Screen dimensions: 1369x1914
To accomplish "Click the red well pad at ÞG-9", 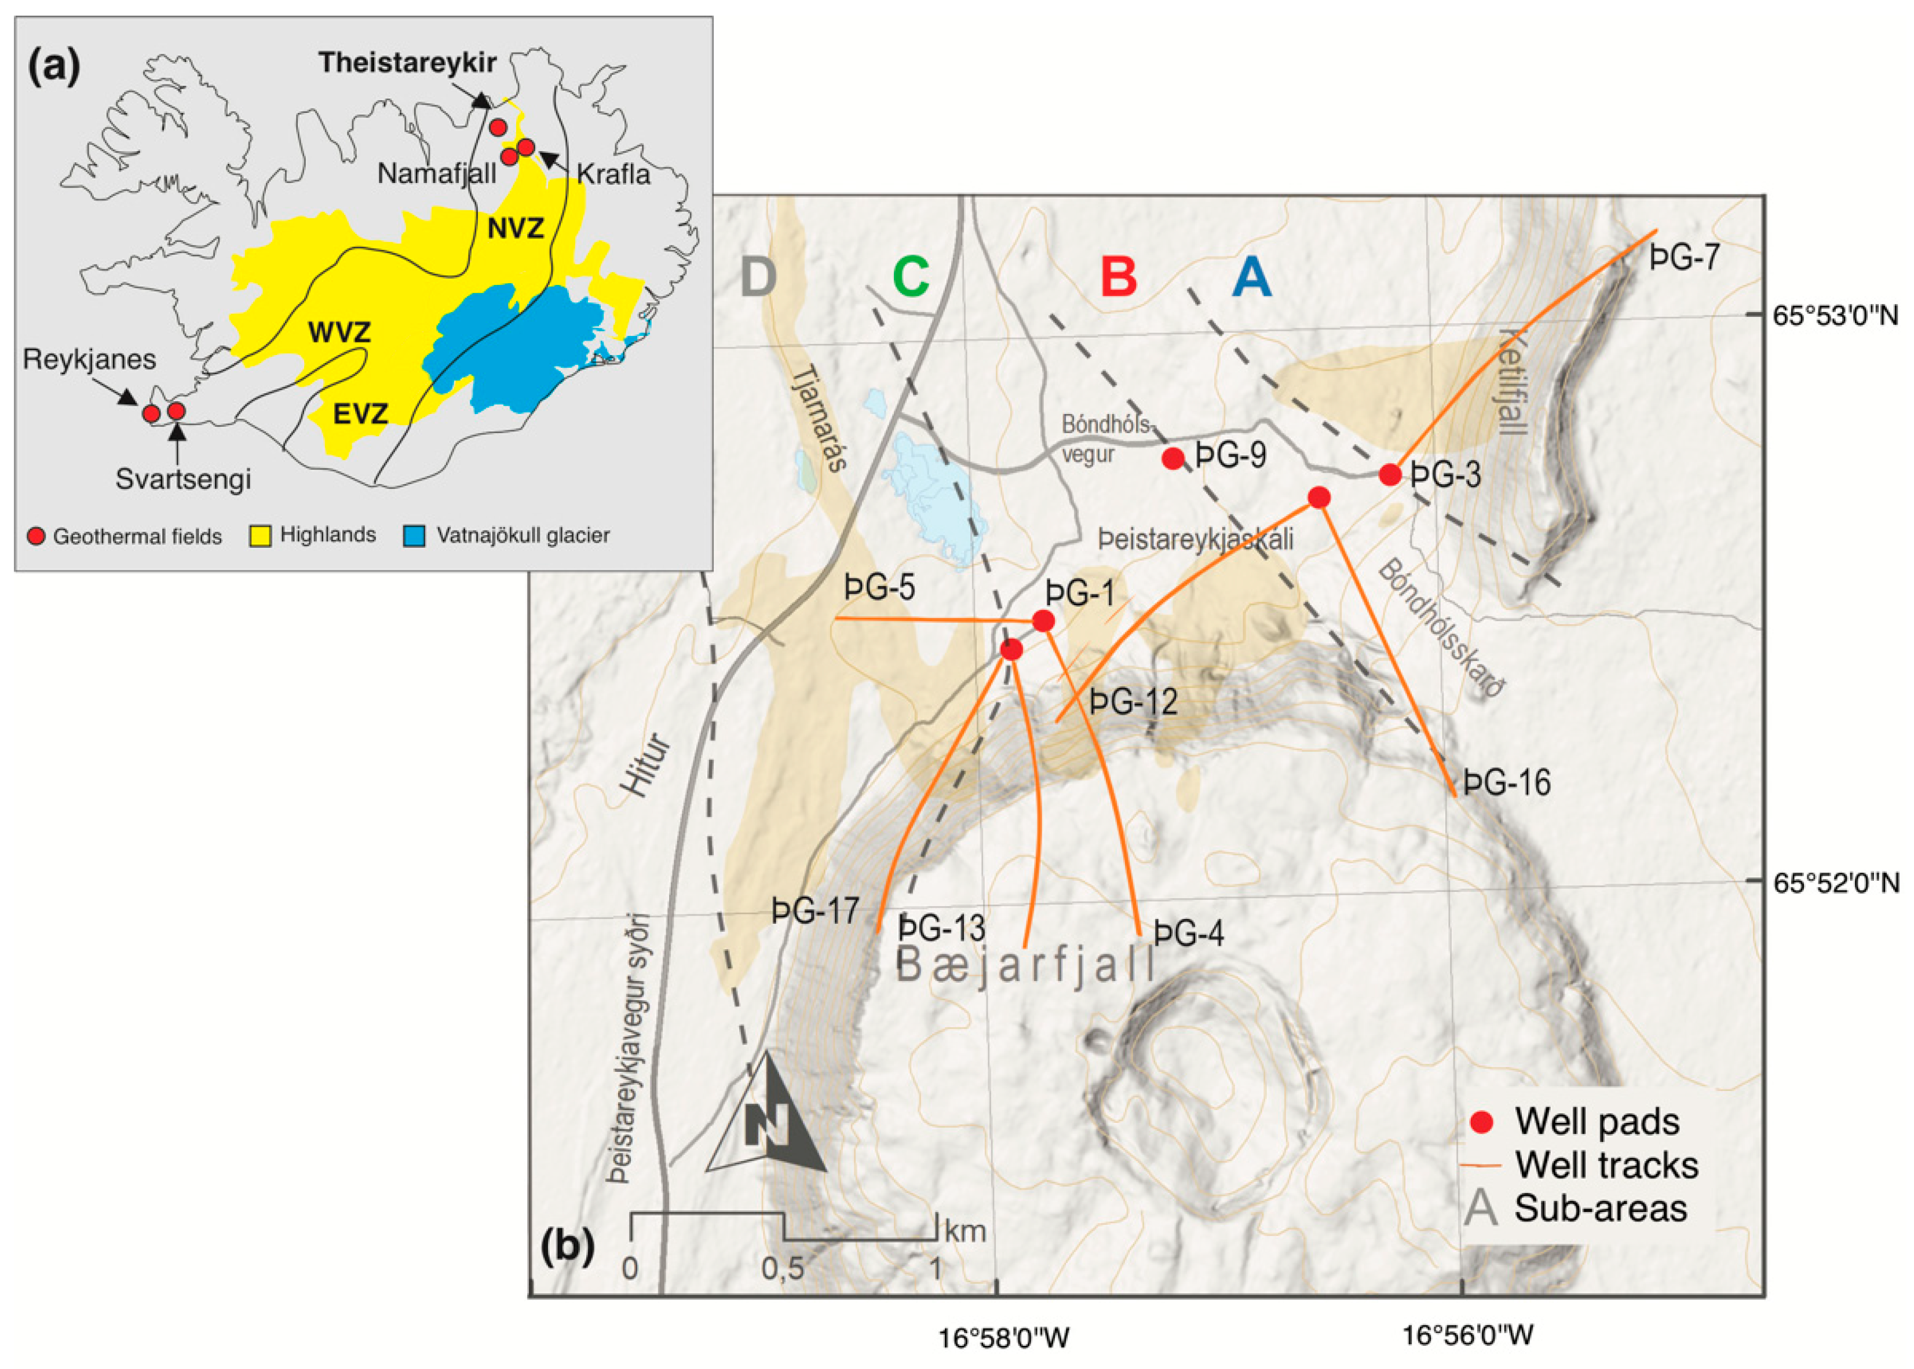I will tap(1172, 459).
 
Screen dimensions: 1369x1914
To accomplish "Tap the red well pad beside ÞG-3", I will tap(1390, 475).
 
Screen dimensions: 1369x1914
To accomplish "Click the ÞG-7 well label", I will tap(1684, 257).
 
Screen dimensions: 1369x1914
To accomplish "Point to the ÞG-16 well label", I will tap(1507, 783).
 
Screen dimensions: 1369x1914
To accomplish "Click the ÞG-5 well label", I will tap(879, 588).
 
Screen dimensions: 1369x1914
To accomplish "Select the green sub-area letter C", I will tap(911, 275).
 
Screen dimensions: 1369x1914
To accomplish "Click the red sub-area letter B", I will tap(1119, 275).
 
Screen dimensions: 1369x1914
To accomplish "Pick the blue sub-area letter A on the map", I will tap(1251, 276).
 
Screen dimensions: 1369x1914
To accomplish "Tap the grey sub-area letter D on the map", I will tap(758, 275).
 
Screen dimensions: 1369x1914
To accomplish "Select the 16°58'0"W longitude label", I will tap(1003, 1337).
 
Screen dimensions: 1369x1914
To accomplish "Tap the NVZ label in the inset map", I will tap(515, 228).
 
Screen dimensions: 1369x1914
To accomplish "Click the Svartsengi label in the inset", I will tap(183, 479).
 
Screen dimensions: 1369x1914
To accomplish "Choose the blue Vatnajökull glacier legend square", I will tap(414, 536).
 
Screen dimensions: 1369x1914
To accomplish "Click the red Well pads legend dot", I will tap(1481, 1122).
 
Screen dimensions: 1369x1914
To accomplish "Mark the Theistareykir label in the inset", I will tap(407, 63).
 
